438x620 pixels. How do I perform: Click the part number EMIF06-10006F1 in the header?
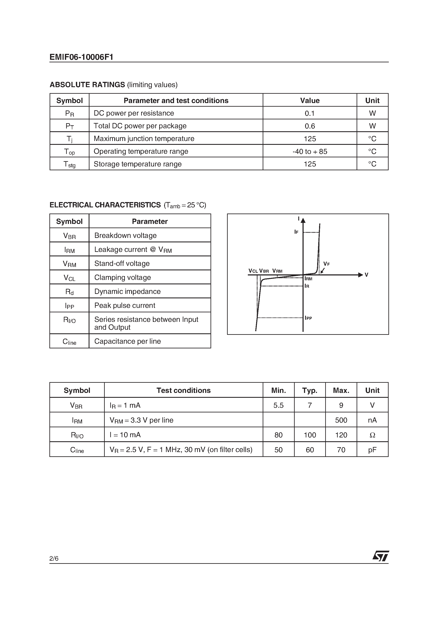81,57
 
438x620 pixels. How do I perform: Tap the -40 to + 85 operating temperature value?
310,151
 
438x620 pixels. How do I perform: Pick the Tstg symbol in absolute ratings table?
69,164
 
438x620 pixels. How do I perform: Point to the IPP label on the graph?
308,318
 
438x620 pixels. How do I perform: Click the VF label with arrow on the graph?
326,264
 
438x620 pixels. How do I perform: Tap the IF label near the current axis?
296,232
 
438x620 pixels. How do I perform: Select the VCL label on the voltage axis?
253,271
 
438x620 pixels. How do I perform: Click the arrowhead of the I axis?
303,220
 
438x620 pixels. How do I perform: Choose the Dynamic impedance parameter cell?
127,292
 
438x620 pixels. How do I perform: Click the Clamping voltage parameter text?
122,278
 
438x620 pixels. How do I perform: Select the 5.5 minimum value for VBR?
278,405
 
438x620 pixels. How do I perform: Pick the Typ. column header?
310,391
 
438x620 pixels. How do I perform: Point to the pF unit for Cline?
372,450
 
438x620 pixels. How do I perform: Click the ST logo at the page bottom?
381,556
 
